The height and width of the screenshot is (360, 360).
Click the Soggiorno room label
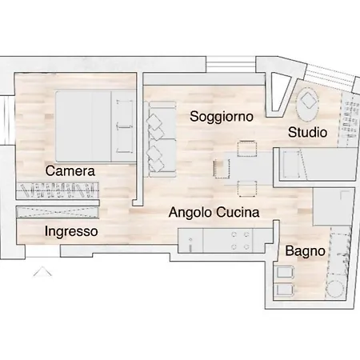(x=222, y=117)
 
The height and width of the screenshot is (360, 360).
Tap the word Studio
(x=307, y=132)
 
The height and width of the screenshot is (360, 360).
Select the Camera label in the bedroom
(x=70, y=171)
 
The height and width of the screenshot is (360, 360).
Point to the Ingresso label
(x=71, y=231)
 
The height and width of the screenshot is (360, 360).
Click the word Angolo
(x=190, y=213)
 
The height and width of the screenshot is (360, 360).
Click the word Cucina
(x=238, y=213)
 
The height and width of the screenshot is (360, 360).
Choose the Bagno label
(x=305, y=251)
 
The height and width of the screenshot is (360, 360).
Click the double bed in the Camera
(x=95, y=126)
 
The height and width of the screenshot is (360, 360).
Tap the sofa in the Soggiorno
(x=160, y=139)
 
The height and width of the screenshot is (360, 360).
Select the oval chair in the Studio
(x=308, y=104)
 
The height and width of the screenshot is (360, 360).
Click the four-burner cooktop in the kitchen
(x=240, y=241)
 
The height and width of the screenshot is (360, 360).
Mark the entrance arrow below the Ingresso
(x=42, y=271)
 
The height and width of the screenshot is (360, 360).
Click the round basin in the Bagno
(x=335, y=289)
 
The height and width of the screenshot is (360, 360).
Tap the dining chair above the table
(x=247, y=148)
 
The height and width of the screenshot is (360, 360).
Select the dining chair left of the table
(x=222, y=169)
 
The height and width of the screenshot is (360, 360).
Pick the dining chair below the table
(x=247, y=189)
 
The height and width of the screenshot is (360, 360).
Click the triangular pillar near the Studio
(x=279, y=94)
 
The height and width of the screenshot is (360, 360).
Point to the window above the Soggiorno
(x=231, y=64)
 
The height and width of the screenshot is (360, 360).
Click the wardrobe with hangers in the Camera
(x=58, y=190)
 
